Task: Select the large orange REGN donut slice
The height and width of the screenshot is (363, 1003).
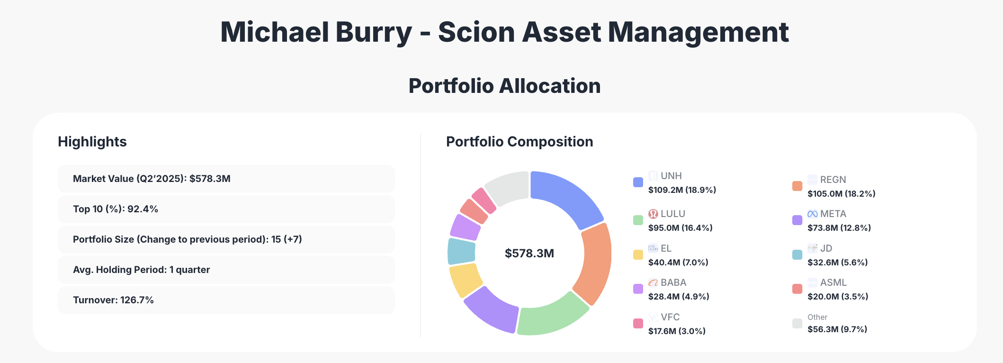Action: (x=594, y=263)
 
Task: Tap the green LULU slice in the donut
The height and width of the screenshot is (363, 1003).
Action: (x=552, y=315)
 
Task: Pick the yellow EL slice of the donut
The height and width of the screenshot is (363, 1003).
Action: (x=465, y=280)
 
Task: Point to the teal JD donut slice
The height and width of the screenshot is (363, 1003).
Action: (x=461, y=251)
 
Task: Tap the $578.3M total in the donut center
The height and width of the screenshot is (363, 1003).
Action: (x=529, y=254)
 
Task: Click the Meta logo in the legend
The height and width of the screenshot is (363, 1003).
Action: (x=813, y=214)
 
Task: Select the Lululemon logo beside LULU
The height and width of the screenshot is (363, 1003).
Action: (x=653, y=214)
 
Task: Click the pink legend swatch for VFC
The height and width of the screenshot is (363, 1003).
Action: (x=638, y=324)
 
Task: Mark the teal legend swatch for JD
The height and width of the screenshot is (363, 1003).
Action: (x=797, y=255)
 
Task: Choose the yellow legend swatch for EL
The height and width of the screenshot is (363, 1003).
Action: (x=638, y=255)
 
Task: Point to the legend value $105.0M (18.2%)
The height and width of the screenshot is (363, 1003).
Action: (x=841, y=194)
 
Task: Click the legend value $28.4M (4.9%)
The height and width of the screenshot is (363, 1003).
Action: (x=679, y=297)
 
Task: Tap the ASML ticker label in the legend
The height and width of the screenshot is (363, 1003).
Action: (x=833, y=282)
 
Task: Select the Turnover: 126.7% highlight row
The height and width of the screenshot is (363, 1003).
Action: (x=226, y=300)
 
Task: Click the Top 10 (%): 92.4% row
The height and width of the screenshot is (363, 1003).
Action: (x=226, y=209)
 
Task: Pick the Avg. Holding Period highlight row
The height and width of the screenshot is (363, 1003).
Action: (x=226, y=270)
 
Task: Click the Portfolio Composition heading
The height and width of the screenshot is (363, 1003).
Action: (x=519, y=142)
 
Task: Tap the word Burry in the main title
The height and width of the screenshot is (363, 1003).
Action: (x=374, y=32)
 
